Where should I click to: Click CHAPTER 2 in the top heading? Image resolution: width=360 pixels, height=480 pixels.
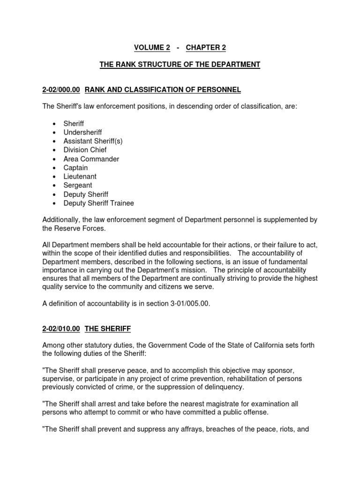point(202,47)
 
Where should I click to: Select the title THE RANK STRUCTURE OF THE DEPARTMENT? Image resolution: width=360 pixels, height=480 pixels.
point(180,64)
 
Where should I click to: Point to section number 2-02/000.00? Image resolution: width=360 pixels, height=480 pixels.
point(61,89)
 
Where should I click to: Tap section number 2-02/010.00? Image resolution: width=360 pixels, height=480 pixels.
point(61,329)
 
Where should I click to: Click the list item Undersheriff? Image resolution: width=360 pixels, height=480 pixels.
point(82,132)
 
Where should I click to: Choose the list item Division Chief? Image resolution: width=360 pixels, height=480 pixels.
point(85,150)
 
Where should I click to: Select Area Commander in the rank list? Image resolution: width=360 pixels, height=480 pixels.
point(91,159)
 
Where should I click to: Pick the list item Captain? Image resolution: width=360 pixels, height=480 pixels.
point(75,168)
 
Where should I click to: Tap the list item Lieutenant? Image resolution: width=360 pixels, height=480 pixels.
point(80,177)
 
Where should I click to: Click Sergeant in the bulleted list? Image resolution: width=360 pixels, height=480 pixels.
point(78,186)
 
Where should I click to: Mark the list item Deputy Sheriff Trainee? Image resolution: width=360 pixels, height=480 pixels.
point(98,203)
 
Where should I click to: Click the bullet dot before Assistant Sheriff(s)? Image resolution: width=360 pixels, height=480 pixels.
point(54,142)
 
